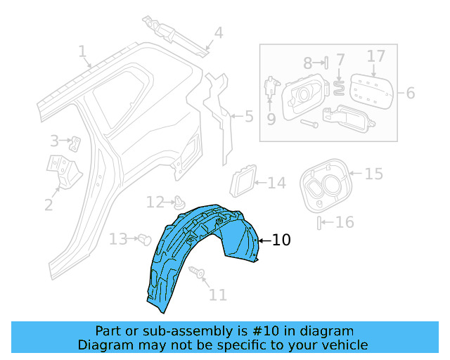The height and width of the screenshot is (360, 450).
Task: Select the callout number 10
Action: pos(281,240)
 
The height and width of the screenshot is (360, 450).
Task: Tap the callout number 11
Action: pos(218,295)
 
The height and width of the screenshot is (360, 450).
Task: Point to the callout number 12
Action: pos(155,202)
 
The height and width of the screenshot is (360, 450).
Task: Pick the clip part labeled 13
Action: pos(146,239)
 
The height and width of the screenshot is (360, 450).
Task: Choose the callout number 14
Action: pos(276,184)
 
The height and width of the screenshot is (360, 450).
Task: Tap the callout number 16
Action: pos(344,223)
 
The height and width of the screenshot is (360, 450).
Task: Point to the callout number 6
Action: pos(411,93)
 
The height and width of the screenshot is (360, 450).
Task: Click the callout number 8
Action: pos(308,63)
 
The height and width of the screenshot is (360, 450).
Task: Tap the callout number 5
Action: pos(248,116)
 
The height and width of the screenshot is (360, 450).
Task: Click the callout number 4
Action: pos(218,32)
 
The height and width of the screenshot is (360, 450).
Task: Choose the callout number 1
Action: pos(82,51)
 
